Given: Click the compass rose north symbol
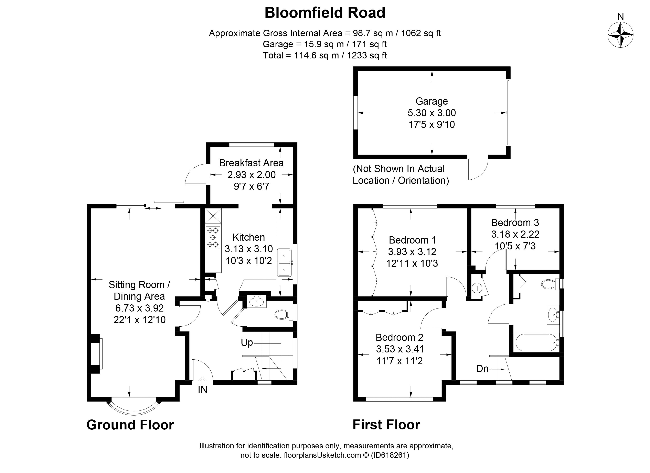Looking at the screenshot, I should [620, 35].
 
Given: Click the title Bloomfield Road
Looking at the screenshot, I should [325, 13].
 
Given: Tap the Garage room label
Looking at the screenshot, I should [432, 101].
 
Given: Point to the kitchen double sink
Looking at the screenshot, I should [284, 262].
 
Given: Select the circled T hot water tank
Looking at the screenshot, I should [477, 288].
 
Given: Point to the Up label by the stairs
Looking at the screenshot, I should [247, 342].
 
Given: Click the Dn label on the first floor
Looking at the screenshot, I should [482, 369].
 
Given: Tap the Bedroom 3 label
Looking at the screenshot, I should [515, 223].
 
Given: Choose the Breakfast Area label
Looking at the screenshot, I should [251, 163].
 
